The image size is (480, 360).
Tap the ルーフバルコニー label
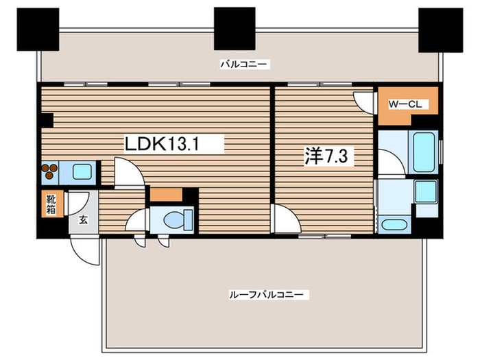coord(269,295)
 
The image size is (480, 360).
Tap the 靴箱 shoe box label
coord(51,204)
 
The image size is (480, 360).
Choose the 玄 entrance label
coord(83,220)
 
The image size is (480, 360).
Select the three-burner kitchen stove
coord(50,171)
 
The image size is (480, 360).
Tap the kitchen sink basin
coord(81,171)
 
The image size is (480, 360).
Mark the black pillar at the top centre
coord(235,29)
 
